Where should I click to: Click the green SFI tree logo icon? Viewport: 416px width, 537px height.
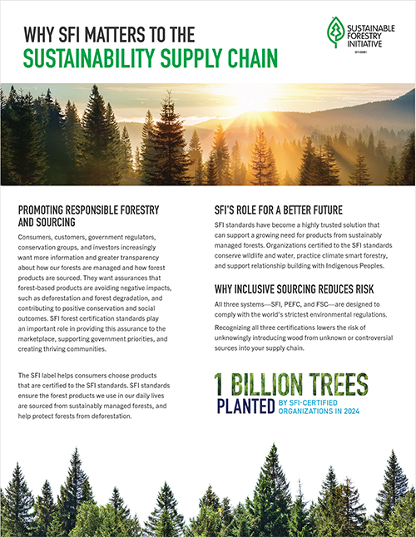[x=334, y=32]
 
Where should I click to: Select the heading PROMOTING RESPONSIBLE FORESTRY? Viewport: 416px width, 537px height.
[x=88, y=209]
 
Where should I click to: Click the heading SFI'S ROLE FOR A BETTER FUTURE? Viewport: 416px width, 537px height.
[x=282, y=209]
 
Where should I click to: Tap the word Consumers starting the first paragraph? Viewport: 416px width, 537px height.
[x=38, y=239]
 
